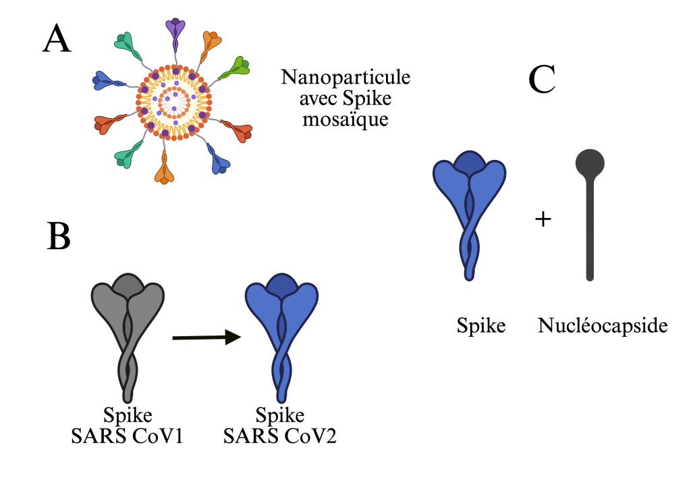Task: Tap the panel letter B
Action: pos(59,236)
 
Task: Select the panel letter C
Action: pos(542,80)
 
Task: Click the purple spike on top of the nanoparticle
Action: pos(176,31)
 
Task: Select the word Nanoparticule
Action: pos(345,77)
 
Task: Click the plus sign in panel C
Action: pos(543,220)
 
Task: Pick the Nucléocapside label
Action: pos(603,327)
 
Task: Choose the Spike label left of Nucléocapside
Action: pos(480,327)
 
